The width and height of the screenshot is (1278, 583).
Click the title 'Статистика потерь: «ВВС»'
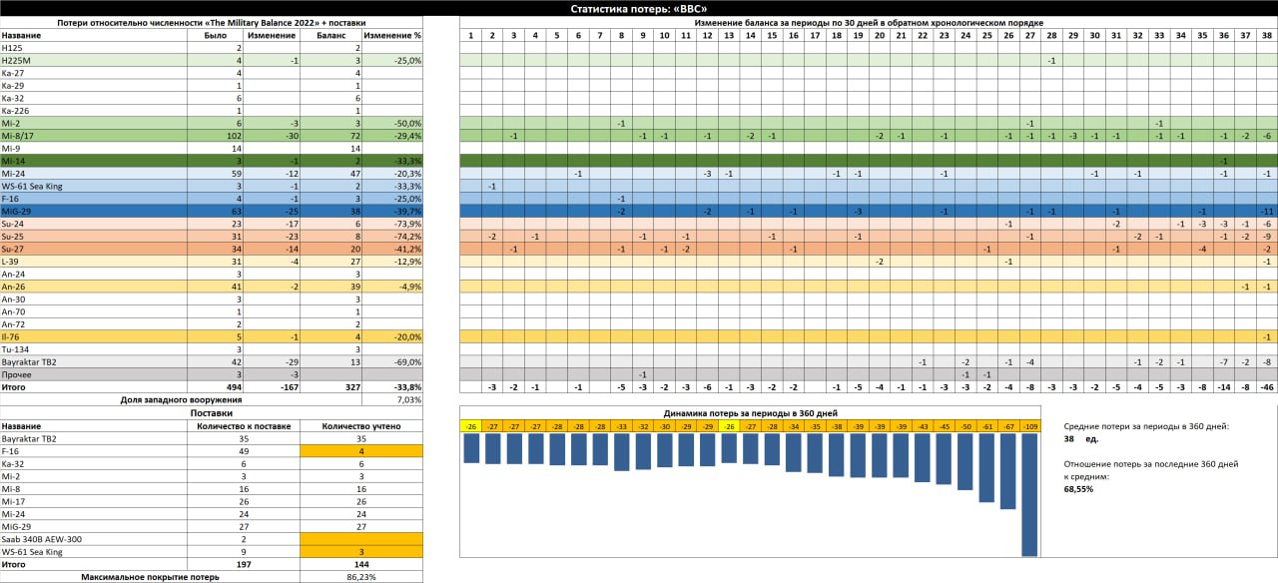point(638,8)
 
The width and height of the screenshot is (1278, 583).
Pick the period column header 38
point(1267,35)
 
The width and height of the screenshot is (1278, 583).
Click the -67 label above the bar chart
point(1008,426)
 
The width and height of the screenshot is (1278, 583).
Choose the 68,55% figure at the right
point(1078,489)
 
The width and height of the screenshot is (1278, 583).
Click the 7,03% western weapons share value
point(408,399)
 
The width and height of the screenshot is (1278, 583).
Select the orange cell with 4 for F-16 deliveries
point(360,450)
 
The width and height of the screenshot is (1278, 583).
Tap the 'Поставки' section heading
point(211,412)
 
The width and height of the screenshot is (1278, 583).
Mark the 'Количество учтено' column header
point(360,424)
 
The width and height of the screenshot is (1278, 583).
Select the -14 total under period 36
point(1223,387)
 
